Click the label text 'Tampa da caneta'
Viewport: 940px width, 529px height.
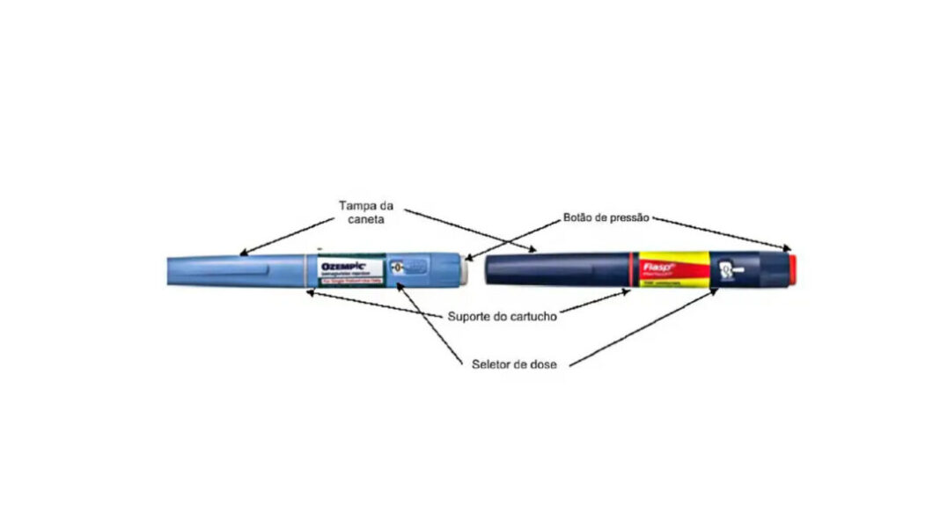[366, 212]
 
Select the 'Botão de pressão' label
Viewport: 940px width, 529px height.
[607, 217]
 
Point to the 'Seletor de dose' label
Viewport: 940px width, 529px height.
[513, 364]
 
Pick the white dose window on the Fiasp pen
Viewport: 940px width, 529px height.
[728, 268]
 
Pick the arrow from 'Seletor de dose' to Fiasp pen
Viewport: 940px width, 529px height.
[643, 326]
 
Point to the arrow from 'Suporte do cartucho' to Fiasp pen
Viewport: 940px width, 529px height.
[594, 303]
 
